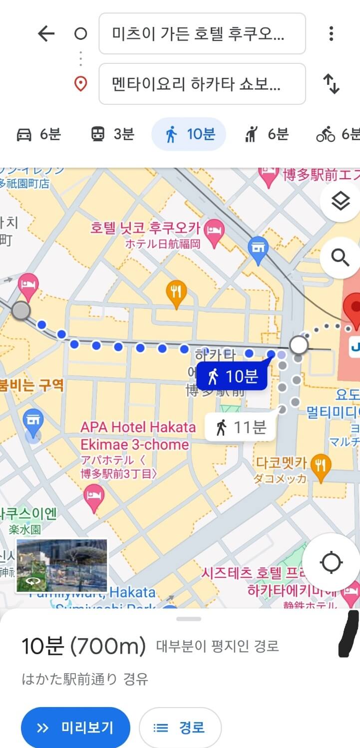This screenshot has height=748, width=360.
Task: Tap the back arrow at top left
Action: coord(46,34)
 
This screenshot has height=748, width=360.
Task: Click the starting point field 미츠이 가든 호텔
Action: coord(202,34)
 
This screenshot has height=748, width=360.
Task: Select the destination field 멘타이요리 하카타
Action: coord(202,84)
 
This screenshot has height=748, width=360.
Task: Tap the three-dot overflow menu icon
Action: coord(331,34)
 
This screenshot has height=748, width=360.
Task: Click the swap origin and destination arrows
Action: coord(331,84)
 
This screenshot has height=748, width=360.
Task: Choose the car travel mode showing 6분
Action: coord(38,134)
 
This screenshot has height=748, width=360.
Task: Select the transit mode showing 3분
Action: coord(112,134)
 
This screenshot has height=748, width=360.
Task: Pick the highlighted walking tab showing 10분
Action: coord(189,134)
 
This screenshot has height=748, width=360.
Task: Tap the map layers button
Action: coord(341,202)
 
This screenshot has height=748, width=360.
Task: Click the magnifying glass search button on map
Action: coord(341,257)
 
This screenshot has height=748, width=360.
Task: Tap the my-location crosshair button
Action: coord(331,562)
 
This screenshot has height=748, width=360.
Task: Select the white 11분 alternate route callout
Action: coord(240,427)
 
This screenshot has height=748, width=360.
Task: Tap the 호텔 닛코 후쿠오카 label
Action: coord(145,229)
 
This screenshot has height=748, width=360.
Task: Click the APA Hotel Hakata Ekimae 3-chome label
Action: coord(138,436)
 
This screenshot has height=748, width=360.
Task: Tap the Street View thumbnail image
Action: coord(61,565)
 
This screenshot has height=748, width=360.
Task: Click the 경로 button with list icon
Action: coord(180,728)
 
